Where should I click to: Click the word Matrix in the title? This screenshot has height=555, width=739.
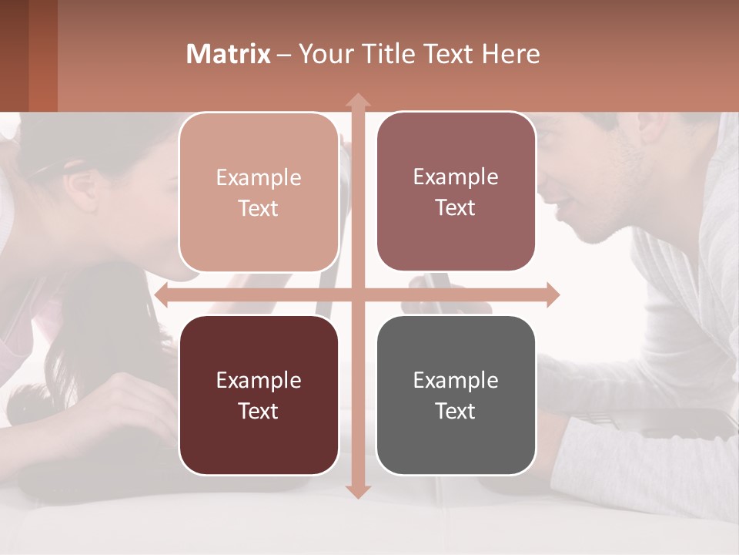click(229, 54)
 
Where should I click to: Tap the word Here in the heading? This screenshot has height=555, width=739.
click(511, 54)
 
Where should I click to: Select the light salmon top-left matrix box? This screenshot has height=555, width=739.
click(259, 192)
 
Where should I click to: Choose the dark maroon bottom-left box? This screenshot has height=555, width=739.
click(259, 395)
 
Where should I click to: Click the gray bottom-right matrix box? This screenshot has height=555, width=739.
click(456, 395)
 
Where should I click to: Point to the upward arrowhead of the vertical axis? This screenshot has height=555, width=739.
click(357, 101)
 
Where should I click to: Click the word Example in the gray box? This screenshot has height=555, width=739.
click(456, 380)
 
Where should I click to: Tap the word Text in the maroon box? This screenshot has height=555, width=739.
click(258, 411)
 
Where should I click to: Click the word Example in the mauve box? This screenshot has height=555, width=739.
click(456, 177)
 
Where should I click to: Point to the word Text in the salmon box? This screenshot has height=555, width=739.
click(258, 208)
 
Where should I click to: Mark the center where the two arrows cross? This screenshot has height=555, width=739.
click(357, 294)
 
